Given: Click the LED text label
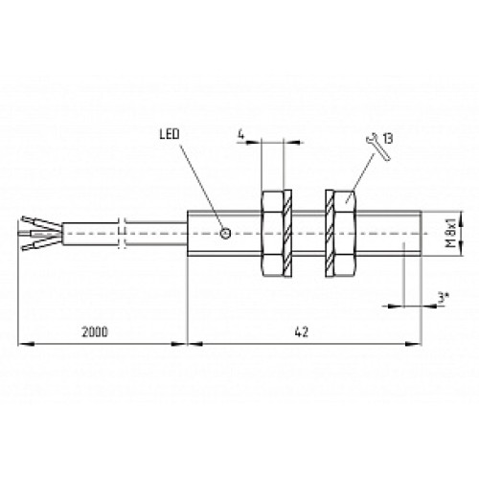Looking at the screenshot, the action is [170, 134].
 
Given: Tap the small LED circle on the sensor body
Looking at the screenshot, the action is [225, 233].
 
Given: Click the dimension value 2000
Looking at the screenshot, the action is [95, 332].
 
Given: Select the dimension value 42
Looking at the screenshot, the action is [302, 332].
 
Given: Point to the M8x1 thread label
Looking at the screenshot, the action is [450, 233].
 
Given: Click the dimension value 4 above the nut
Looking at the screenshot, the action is [241, 135].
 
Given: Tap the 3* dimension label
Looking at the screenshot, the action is [443, 299].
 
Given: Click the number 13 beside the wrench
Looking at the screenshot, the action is [388, 139].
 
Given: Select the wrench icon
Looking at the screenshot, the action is [378, 147].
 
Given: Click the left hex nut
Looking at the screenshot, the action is [272, 233].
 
